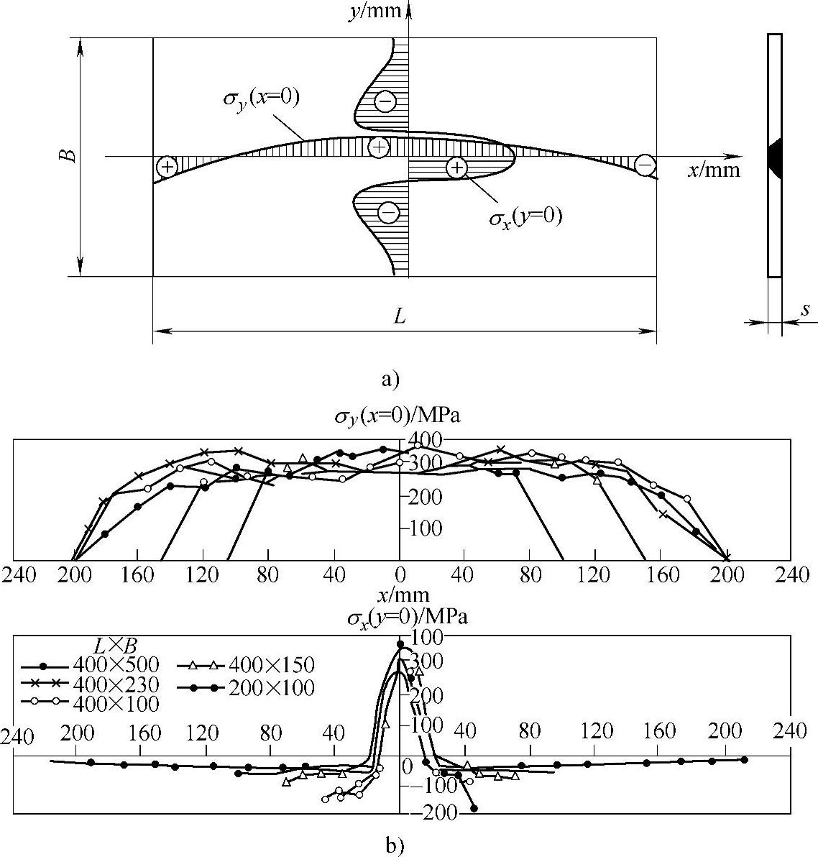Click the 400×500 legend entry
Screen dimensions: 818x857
click(x=90, y=664)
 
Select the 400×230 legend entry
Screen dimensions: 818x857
click(x=90, y=684)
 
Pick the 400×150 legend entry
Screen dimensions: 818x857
click(x=247, y=664)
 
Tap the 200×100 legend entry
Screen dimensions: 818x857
click(x=247, y=687)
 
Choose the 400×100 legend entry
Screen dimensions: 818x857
click(x=90, y=703)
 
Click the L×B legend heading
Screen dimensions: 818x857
click(x=115, y=646)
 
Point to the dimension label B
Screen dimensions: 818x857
click(x=68, y=156)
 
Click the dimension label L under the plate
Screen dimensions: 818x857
click(x=400, y=316)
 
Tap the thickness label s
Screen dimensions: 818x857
click(x=806, y=309)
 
